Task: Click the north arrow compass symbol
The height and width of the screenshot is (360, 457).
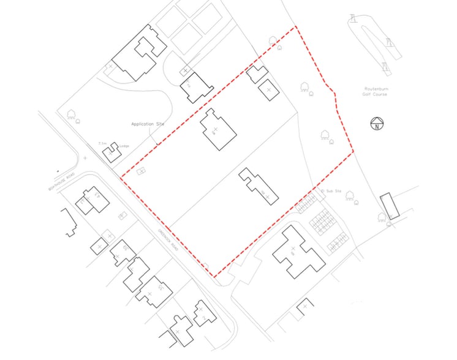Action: (x=376, y=124)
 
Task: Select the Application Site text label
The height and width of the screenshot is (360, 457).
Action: (x=148, y=124)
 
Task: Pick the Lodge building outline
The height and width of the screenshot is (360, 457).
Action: (x=111, y=152)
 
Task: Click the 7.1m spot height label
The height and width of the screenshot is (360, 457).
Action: (x=102, y=144)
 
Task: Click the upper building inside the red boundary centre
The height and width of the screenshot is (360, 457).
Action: (x=217, y=130)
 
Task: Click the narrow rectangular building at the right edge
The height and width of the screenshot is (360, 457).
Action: (x=389, y=206)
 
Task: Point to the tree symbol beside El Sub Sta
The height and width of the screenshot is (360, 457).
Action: (x=350, y=196)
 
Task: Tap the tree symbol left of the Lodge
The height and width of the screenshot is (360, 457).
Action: (x=71, y=114)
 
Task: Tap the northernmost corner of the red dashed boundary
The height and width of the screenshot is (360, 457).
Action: (x=296, y=27)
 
